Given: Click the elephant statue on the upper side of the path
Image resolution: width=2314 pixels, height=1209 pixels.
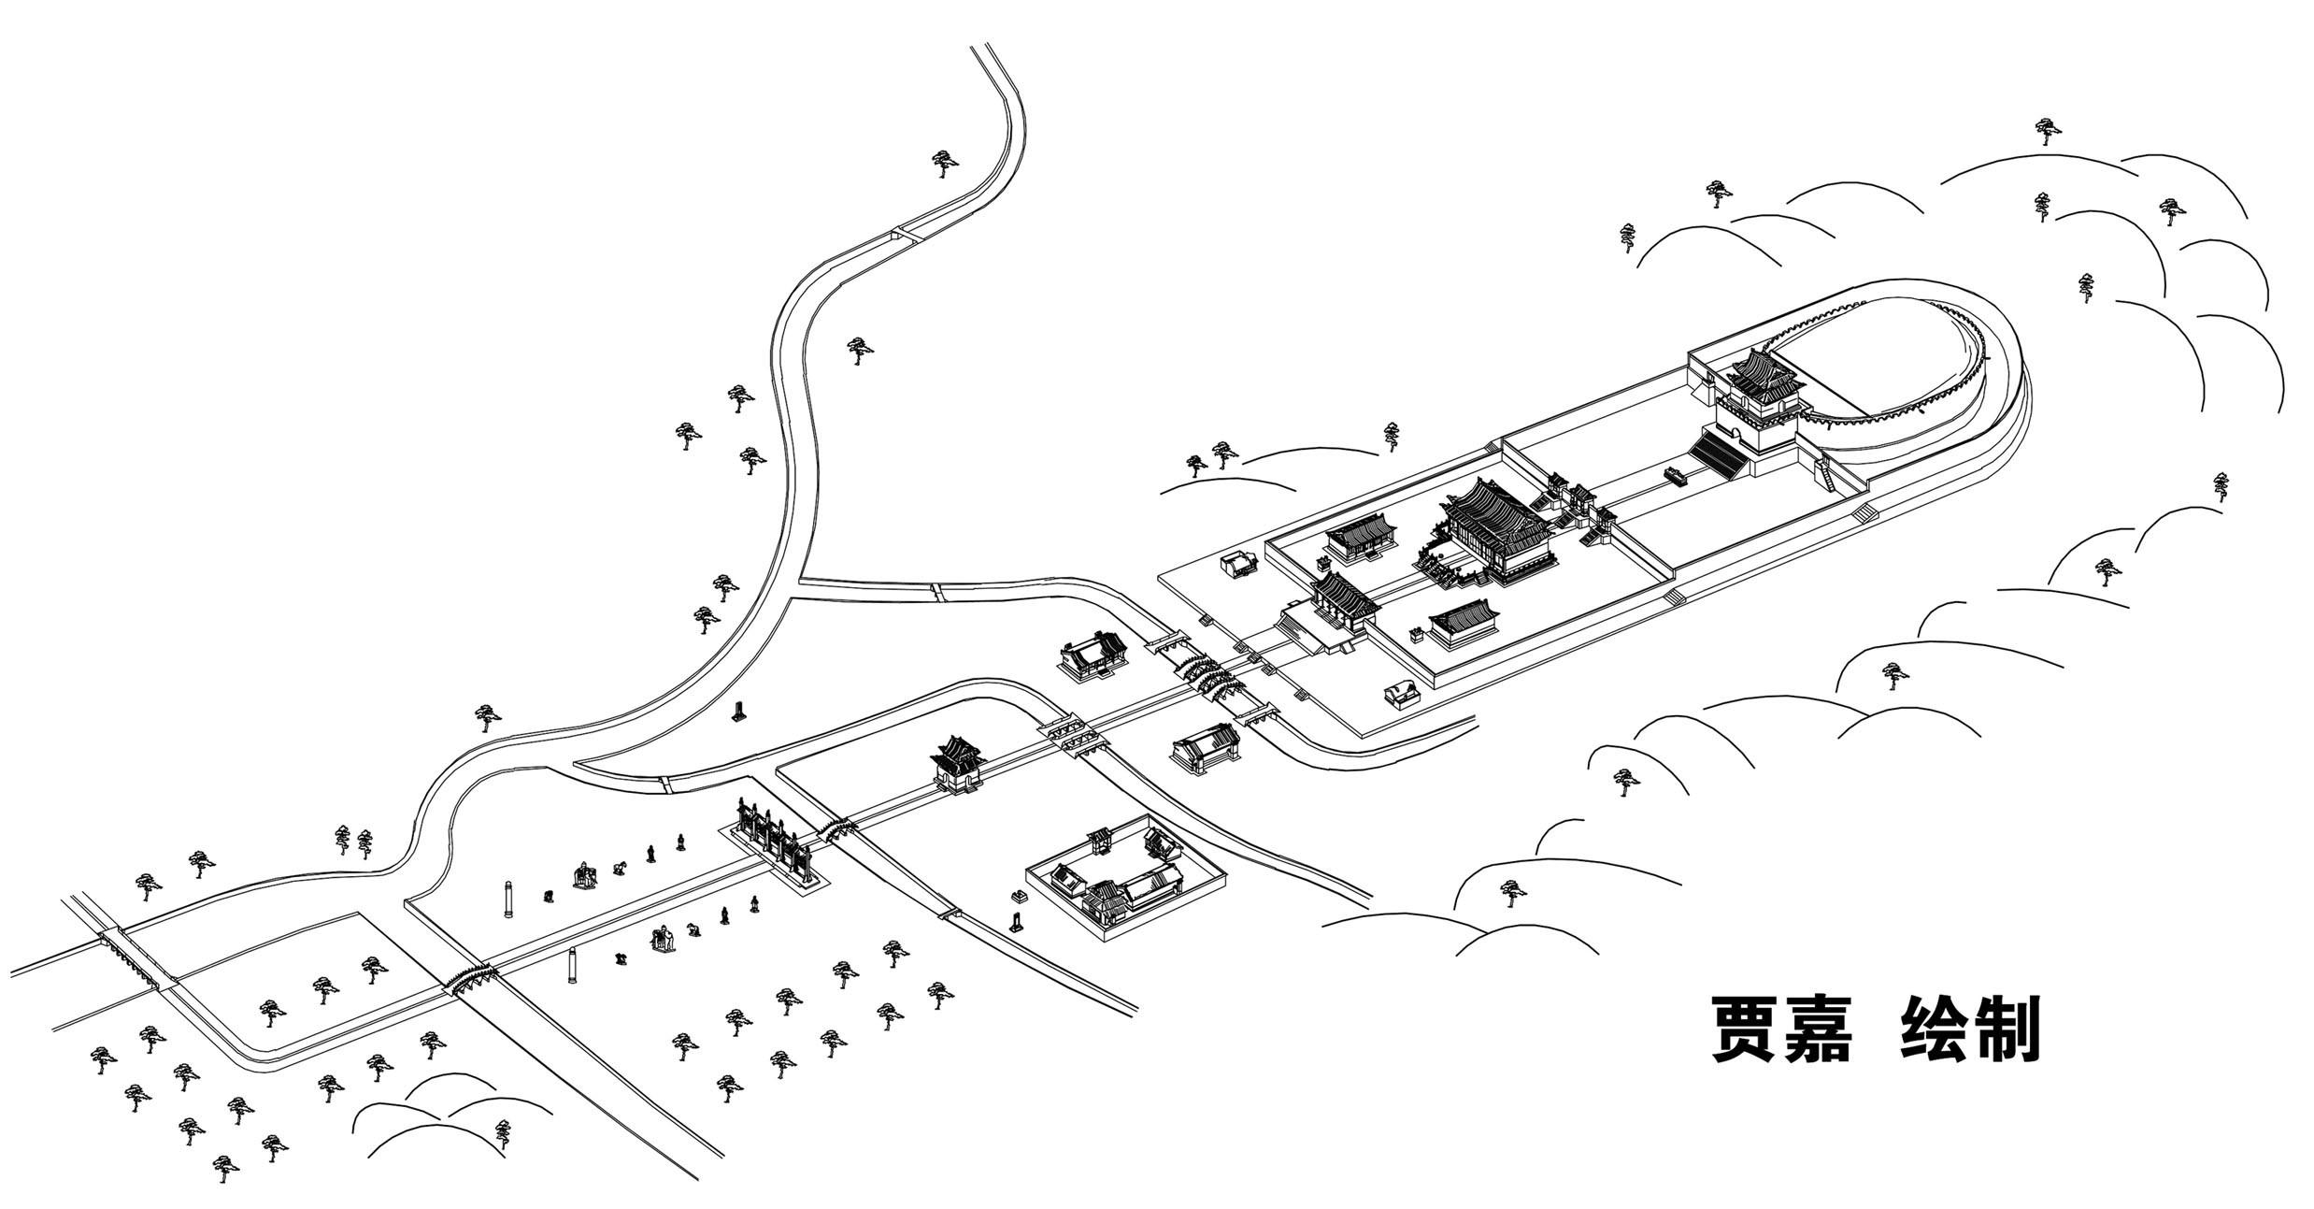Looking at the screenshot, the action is pos(585,875).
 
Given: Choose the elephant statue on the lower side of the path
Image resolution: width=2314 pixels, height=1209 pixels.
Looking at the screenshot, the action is pos(664,939).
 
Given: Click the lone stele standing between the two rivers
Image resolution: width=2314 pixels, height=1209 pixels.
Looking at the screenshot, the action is pos(740,712).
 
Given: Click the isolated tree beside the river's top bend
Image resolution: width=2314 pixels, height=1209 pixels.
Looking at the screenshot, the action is pos(945,164).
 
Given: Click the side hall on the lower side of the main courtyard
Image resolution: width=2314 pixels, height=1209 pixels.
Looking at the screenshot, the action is pos(1464,621).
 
